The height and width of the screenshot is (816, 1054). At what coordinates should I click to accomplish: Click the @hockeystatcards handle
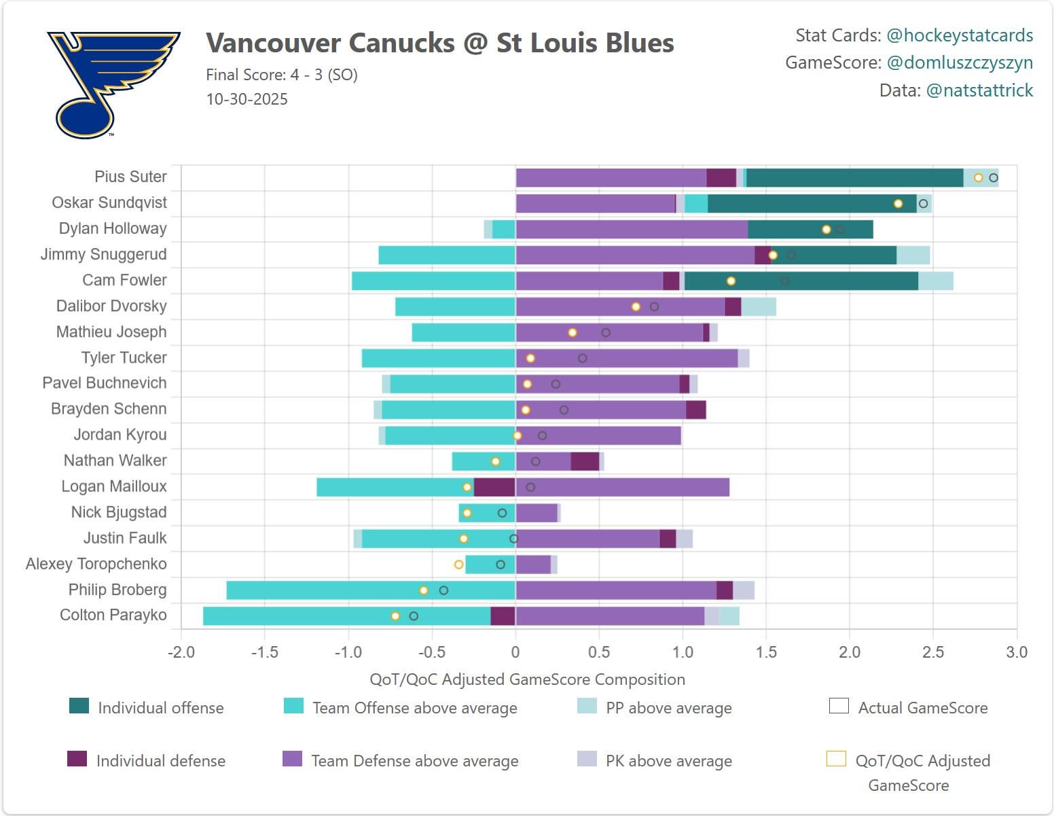coord(960,35)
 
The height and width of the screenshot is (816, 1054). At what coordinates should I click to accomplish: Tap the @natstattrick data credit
coord(979,90)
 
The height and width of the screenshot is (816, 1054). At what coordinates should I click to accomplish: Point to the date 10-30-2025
coord(247,99)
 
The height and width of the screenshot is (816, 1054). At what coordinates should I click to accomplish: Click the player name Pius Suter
coord(130,177)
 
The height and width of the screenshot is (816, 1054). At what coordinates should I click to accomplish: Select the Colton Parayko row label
coord(113,615)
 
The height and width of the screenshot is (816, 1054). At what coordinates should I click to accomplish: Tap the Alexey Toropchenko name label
coord(96,564)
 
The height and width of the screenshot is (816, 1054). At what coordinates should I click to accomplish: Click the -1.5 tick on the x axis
coord(264,652)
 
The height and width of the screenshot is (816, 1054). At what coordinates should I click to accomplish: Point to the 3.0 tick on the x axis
coord(1016,652)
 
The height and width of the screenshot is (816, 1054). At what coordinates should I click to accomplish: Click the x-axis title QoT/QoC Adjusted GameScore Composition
coord(527,679)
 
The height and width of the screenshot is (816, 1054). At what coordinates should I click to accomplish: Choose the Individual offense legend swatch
coord(79,707)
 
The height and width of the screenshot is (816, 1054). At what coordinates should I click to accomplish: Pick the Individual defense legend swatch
coord(77,759)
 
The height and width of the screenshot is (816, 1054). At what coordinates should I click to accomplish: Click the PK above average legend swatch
coord(587,759)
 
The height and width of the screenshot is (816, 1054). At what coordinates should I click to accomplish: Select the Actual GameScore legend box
coord(839,707)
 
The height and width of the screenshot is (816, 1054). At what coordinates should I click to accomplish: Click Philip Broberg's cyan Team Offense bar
coord(370,590)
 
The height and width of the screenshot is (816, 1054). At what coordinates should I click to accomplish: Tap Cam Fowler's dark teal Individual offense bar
coord(801,281)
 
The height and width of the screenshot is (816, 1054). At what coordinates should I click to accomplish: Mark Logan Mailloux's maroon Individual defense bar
coord(494,487)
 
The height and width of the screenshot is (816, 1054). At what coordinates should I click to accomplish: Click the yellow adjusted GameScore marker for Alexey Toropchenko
coord(458,565)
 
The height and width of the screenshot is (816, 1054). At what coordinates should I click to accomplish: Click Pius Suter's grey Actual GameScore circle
coord(993,178)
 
